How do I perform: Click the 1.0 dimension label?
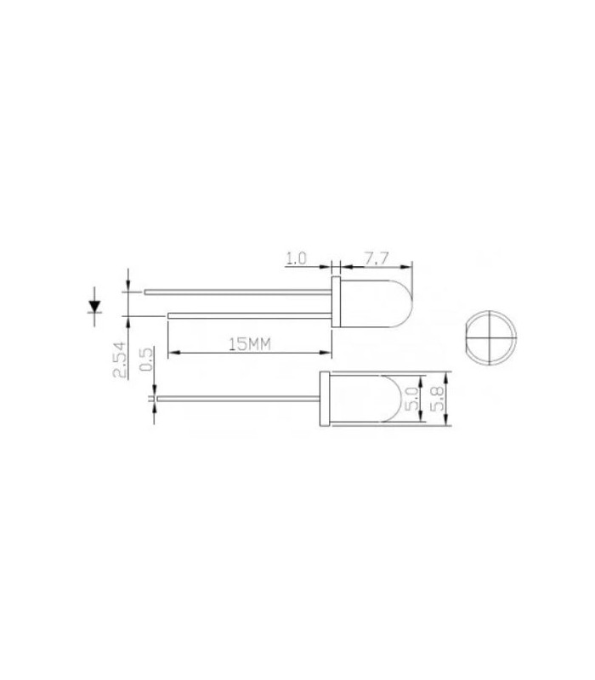pos(296,258)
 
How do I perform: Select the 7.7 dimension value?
pos(377,258)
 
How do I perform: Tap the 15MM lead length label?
pos(249,343)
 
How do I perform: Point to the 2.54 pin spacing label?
pos(121,359)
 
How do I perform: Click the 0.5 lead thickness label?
pos(145,360)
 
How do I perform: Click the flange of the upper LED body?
pos(336,303)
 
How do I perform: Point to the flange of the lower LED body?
pos(324,399)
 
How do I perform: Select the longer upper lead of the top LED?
pos(238,292)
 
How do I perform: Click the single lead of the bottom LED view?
pos(238,399)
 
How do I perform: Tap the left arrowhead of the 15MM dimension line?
pos(173,353)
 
